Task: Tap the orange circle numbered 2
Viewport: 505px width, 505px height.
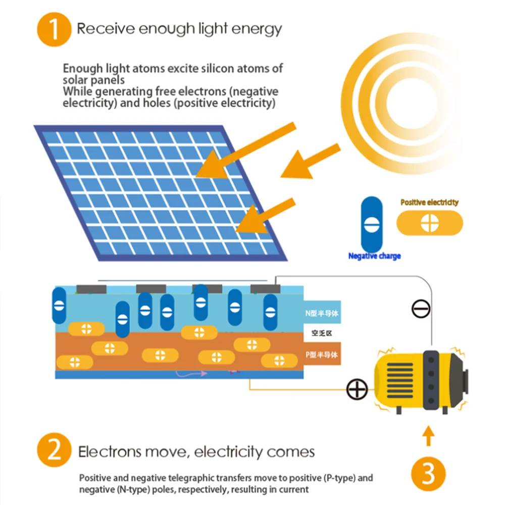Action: click(55, 451)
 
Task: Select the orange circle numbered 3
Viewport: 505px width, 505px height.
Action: click(428, 473)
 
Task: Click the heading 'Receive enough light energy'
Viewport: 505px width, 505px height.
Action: click(179, 29)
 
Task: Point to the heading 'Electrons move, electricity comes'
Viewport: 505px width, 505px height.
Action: click(196, 451)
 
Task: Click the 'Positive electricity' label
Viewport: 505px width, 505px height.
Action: click(429, 203)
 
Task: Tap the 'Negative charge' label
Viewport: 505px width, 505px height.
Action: click(374, 256)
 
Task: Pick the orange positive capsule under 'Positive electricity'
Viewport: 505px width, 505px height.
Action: click(429, 223)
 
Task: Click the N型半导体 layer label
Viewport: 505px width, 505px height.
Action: click(322, 313)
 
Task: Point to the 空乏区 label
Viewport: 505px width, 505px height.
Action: click(321, 333)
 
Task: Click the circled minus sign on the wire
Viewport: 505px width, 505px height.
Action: click(421, 309)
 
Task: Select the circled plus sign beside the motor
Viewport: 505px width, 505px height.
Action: click(357, 389)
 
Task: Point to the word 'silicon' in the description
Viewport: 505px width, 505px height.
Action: click(213, 69)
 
